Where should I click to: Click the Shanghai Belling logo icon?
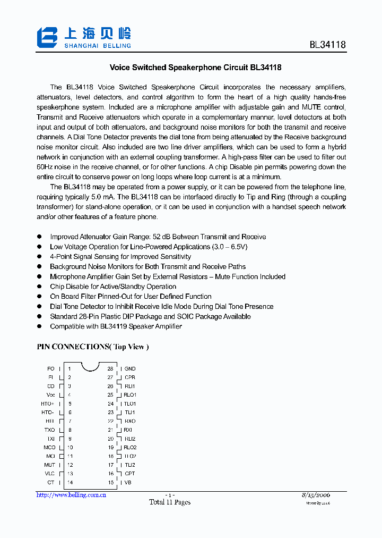[47, 37]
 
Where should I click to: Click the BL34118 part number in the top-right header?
[327, 45]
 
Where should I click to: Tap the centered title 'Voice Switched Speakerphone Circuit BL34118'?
[195, 68]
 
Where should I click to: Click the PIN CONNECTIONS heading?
[92, 347]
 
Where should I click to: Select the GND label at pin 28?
[130, 368]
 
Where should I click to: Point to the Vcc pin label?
[51, 395]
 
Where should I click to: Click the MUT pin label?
[49, 465]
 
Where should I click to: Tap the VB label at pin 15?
[128, 482]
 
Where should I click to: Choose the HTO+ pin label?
[48, 404]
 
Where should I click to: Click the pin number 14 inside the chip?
[70, 482]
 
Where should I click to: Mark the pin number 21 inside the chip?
[111, 430]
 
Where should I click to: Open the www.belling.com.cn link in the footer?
[71, 495]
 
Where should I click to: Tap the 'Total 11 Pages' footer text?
[170, 502]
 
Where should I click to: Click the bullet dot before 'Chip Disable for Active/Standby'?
[39, 287]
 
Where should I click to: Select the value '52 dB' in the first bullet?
[162, 237]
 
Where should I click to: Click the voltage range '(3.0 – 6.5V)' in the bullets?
[230, 247]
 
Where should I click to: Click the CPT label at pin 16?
[130, 473]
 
